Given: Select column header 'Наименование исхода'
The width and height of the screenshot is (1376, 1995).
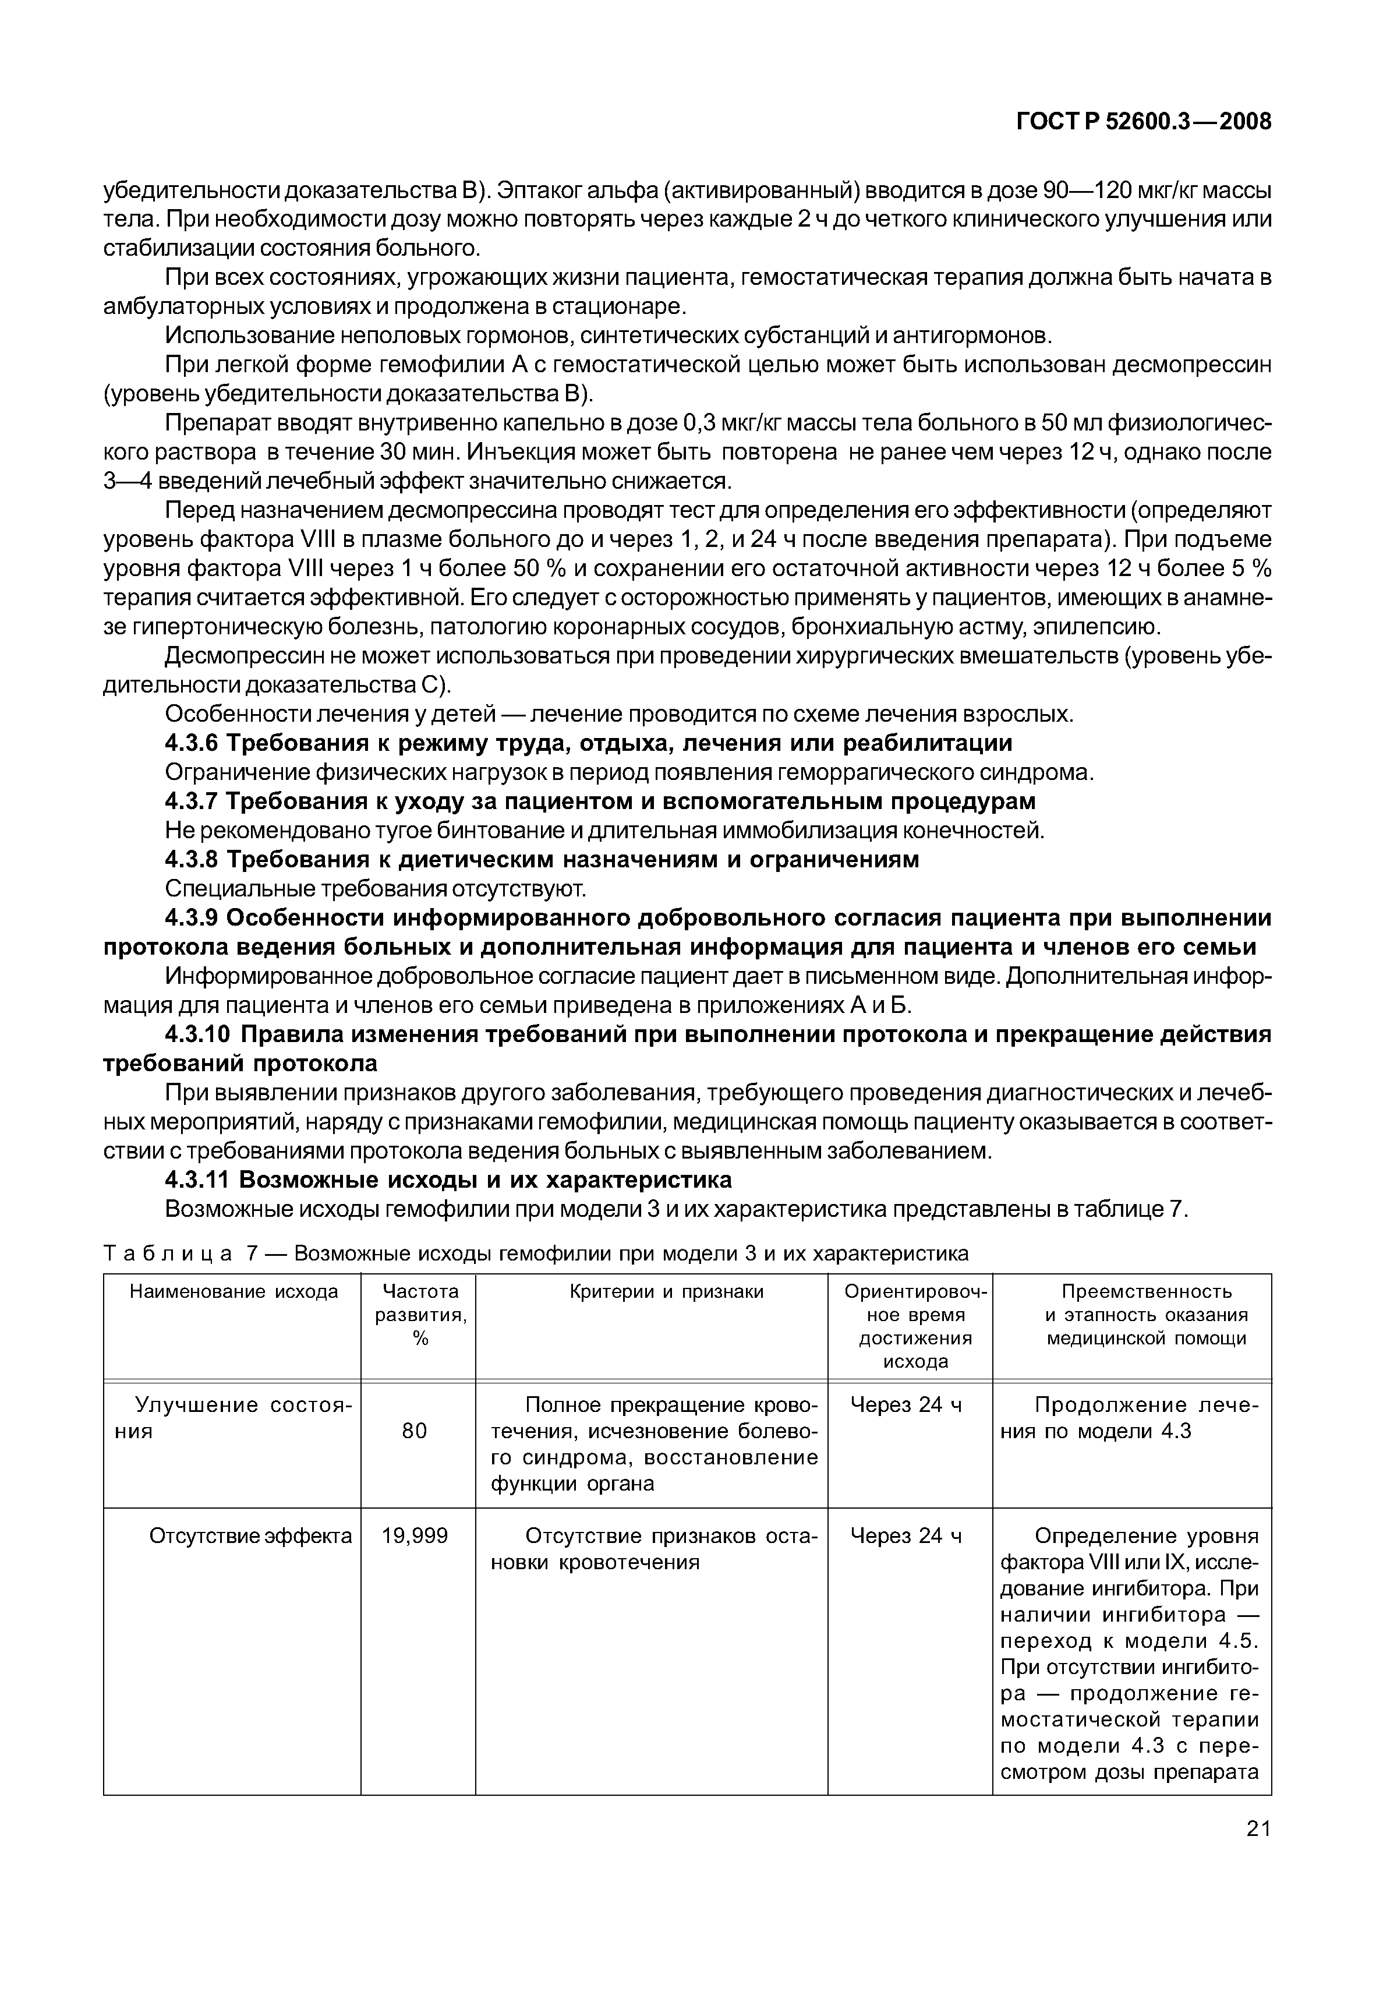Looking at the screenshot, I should click(233, 1291).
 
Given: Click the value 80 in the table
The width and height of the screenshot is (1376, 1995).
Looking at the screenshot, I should click(415, 1431).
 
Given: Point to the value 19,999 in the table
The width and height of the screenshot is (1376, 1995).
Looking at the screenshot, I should click(415, 1537).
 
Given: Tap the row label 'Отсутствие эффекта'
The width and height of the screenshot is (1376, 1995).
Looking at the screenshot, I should click(250, 1537).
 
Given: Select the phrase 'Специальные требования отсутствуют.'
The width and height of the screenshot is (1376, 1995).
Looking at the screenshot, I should click(376, 889).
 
